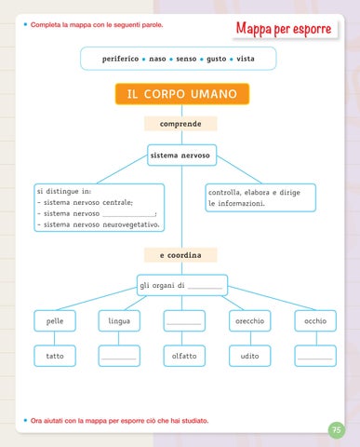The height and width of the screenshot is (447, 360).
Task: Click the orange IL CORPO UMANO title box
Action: pyautogui.click(x=182, y=94)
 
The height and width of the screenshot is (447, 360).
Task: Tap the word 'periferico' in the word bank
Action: pyautogui.click(x=121, y=59)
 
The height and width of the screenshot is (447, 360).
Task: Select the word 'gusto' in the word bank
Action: pyautogui.click(x=217, y=59)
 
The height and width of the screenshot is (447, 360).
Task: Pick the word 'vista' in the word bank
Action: pyautogui.click(x=246, y=59)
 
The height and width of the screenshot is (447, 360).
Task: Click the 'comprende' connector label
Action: pyautogui.click(x=180, y=124)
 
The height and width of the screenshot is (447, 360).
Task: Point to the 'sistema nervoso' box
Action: pyautogui.click(x=181, y=156)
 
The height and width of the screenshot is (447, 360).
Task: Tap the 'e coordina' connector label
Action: pyautogui.click(x=180, y=255)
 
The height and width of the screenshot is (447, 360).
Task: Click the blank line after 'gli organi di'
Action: pyautogui.click(x=205, y=288)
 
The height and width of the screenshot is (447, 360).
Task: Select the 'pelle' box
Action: pyautogui.click(x=55, y=320)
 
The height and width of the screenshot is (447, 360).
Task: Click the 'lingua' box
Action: pyautogui.click(x=119, y=320)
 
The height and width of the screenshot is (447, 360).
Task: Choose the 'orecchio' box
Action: pyautogui.click(x=250, y=320)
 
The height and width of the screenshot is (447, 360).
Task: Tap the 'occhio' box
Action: pyautogui.click(x=315, y=320)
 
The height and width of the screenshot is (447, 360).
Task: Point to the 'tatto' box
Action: pyautogui.click(x=55, y=356)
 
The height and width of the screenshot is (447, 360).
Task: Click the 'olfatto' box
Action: pyautogui.click(x=184, y=356)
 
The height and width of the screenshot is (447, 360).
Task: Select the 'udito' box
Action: pyautogui.click(x=250, y=356)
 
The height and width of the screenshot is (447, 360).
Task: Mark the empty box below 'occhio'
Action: pyautogui.click(x=315, y=356)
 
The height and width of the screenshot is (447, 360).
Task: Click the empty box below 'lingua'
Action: pyautogui.click(x=119, y=356)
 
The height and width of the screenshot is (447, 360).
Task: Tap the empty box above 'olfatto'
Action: pyautogui.click(x=184, y=320)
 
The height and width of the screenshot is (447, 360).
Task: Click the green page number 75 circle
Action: pyautogui.click(x=337, y=430)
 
